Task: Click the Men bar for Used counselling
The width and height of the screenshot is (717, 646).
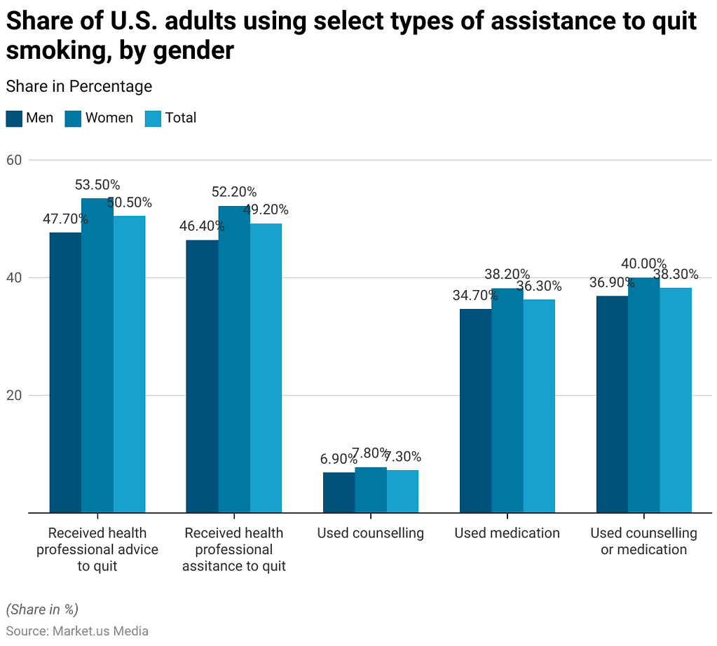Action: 339,493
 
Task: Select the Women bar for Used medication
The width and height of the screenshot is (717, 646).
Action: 507,400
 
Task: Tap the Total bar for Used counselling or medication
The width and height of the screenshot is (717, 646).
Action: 676,400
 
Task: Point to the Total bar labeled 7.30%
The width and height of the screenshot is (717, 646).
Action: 402,491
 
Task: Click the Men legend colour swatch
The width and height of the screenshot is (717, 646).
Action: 14,118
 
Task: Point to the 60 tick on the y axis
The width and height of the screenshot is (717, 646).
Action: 15,160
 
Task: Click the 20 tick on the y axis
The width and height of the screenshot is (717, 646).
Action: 15,395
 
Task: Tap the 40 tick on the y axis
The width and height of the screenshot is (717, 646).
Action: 15,277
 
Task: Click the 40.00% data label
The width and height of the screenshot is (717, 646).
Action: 643,263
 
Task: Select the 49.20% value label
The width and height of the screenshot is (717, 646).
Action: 266,209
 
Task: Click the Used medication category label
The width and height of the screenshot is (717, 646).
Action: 507,533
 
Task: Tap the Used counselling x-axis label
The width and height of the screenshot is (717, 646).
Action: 370,533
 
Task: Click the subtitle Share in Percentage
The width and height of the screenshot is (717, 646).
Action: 79,87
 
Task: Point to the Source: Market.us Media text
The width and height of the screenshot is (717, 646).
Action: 77,631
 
